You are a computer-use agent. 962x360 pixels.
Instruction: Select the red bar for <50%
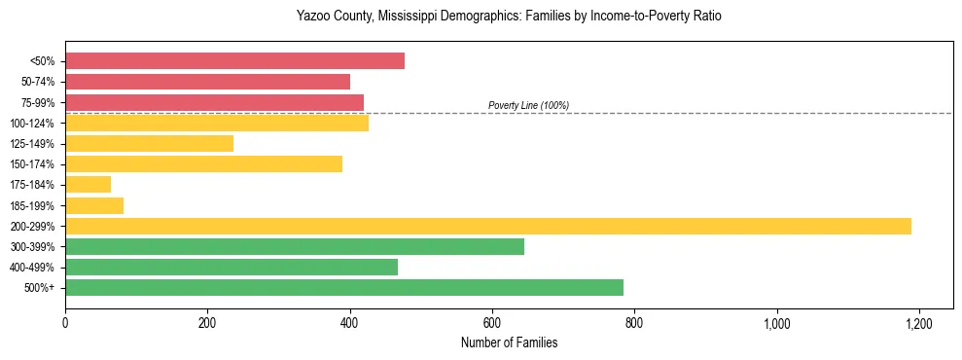(x=234, y=61)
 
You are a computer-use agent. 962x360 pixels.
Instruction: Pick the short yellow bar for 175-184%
(x=88, y=184)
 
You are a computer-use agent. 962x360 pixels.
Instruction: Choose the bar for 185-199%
(x=94, y=205)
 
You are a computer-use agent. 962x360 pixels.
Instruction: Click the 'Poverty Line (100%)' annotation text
(x=528, y=105)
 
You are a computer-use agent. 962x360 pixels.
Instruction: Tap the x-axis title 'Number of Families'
(x=509, y=343)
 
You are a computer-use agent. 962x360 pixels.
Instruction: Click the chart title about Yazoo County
(x=509, y=17)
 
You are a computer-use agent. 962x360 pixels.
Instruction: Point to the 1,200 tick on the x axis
(x=919, y=322)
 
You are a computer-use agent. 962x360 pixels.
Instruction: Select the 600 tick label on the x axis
(x=492, y=322)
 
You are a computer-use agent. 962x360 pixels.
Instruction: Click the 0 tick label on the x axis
(x=65, y=322)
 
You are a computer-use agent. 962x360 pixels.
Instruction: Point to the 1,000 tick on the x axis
(x=777, y=322)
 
